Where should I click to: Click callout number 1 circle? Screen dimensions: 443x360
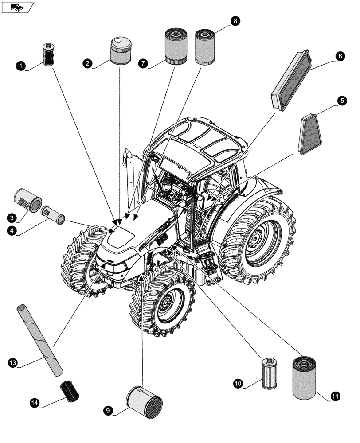pos(20,66)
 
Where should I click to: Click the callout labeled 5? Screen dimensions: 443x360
pos(342,101)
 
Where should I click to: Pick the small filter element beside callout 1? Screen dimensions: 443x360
pos(48,55)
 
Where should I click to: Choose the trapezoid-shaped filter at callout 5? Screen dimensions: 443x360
pos(310,135)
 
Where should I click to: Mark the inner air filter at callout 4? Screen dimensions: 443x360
pos(53,214)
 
